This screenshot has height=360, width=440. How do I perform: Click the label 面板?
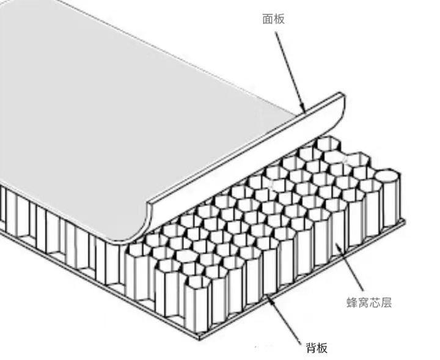point(274,19)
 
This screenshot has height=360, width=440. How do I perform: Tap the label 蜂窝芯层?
point(369,303)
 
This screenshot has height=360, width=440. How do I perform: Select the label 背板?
point(317,348)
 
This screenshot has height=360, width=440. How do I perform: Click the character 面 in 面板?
point(268,19)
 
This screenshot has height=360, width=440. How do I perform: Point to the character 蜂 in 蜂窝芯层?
point(352,303)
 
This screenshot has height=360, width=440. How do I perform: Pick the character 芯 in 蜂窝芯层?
point(375,303)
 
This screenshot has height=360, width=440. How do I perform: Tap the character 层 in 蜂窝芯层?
point(386,303)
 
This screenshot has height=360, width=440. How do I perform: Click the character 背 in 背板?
point(311,348)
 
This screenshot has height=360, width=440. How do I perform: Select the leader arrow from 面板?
point(290,72)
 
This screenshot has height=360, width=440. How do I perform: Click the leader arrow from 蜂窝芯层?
point(350,267)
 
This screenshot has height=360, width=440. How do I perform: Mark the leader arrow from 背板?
point(283,319)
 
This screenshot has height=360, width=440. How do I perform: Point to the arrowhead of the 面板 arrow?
point(304,111)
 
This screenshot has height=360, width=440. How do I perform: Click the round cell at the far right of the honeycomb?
point(388,176)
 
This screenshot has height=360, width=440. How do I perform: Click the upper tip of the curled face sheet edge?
point(340,94)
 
